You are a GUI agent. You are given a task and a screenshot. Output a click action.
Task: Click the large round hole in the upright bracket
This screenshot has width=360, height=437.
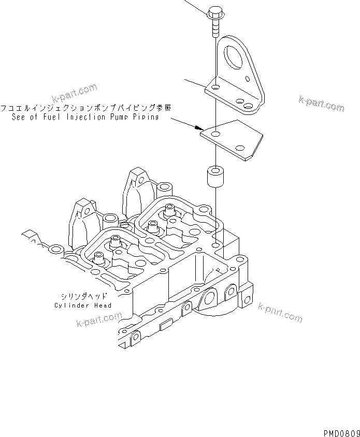tap(233, 58)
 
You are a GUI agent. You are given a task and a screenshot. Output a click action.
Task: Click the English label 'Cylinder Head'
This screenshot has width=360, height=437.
tap(82, 305)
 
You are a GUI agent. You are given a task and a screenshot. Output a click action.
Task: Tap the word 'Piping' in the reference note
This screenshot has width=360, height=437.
tap(143, 118)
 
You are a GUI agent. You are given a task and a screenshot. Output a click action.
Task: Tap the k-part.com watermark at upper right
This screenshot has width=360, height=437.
tap(321, 103)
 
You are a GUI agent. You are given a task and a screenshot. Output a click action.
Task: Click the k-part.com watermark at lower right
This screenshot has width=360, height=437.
tap(280, 312)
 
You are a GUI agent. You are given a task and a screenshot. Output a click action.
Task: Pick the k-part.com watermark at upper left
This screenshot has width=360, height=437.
tap(75, 93)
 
